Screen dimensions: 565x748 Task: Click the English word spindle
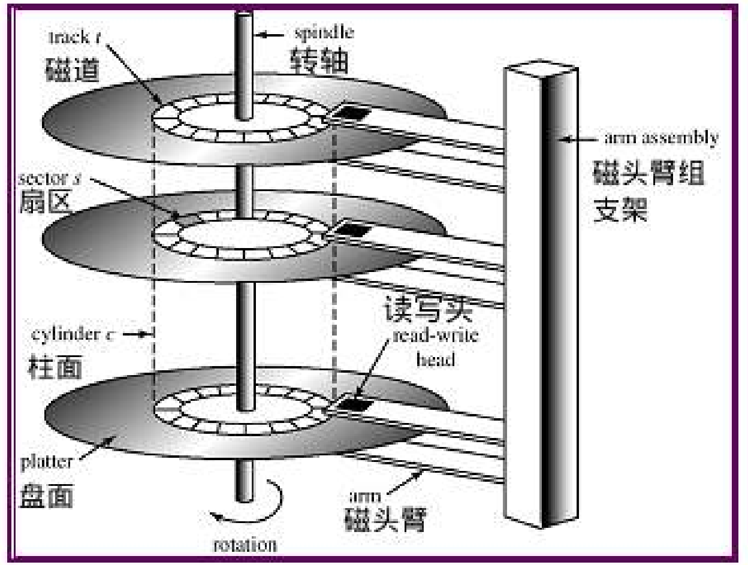323,32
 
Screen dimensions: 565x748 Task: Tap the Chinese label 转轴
321,60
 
